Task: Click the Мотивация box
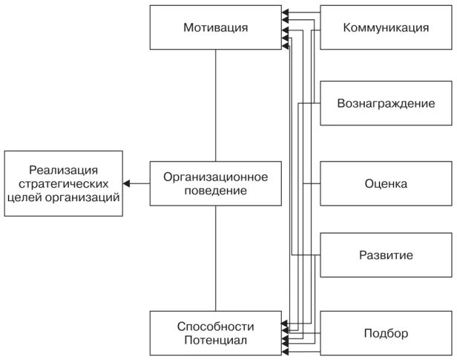tap(215, 28)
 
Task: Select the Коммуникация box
tap(386, 28)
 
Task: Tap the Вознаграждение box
tap(386, 103)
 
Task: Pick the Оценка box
tap(386, 183)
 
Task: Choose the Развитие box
tap(386, 256)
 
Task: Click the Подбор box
tap(386, 333)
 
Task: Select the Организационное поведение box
tap(215, 183)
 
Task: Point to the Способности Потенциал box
tap(215, 333)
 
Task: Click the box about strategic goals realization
tap(63, 183)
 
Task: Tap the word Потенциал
tap(216, 341)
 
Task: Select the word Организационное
tap(215, 177)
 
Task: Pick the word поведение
tap(215, 191)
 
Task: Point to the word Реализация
tap(63, 169)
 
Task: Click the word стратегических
tap(63, 183)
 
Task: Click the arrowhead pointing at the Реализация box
tap(127, 183)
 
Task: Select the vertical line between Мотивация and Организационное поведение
tap(215, 105)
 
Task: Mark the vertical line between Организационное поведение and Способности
tap(215, 258)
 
